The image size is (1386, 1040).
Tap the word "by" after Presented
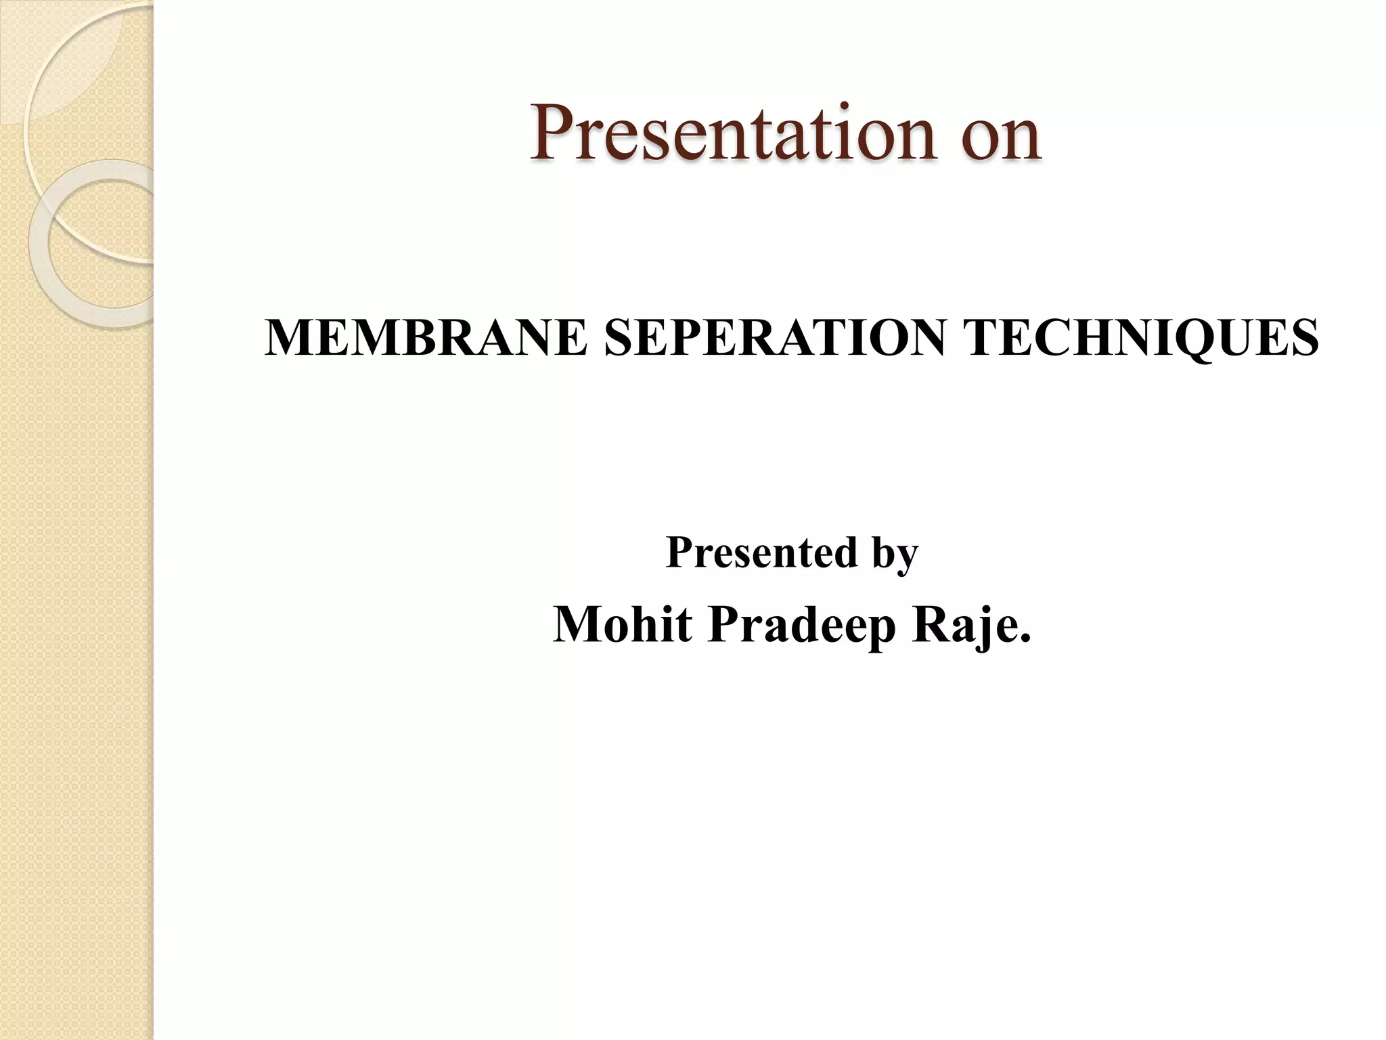(x=895, y=555)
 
